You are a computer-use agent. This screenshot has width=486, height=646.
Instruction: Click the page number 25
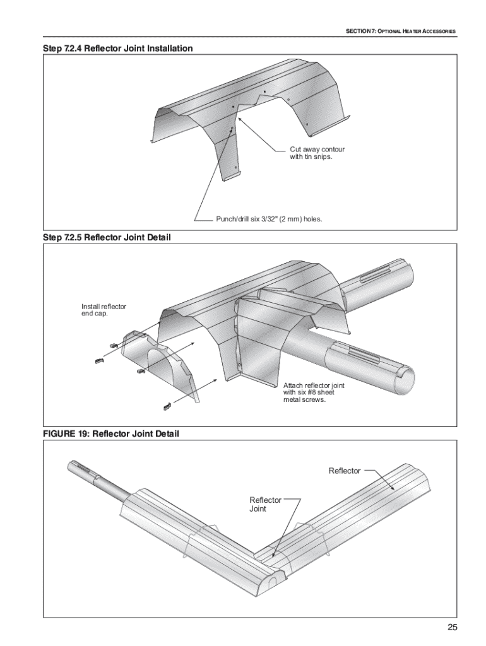point(452,628)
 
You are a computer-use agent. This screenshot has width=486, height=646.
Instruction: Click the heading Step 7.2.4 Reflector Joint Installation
point(118,48)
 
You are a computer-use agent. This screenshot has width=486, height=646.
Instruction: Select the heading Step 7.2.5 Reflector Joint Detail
point(107,237)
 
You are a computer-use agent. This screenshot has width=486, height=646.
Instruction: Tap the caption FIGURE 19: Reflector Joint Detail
point(111,434)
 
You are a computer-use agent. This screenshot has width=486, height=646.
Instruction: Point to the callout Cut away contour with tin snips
point(317,153)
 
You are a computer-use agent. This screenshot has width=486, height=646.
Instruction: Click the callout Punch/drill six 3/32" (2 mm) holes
point(269,219)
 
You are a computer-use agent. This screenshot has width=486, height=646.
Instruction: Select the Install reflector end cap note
point(104,310)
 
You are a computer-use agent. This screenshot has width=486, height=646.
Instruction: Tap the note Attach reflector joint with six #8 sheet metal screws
point(314,392)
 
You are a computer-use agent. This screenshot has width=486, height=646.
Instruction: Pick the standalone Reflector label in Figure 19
point(345,471)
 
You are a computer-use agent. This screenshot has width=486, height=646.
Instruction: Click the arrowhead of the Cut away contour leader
point(240,119)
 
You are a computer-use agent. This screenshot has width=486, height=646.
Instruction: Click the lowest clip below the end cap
point(167,407)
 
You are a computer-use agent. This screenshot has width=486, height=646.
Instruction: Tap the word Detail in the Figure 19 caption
point(167,434)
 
